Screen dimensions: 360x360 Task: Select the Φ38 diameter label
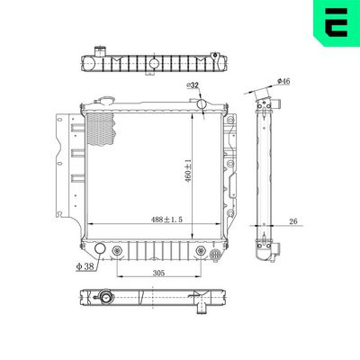85,266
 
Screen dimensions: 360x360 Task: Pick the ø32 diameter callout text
193,85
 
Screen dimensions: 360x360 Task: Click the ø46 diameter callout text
283,82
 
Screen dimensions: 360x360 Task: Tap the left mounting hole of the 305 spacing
117,250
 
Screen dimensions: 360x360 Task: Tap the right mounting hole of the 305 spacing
198,250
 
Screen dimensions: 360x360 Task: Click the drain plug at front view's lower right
215,256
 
